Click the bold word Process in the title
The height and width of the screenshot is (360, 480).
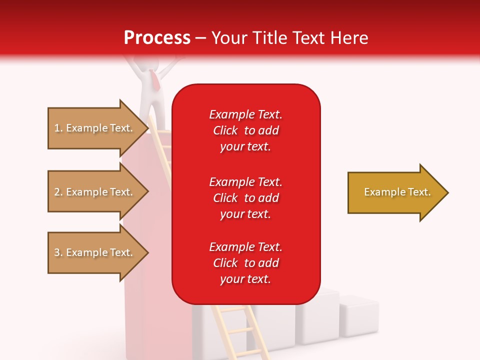(157, 38)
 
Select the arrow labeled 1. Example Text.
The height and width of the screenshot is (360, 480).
(95, 128)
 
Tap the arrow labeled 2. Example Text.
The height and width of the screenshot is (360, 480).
(95, 192)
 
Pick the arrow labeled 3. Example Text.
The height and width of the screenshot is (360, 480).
(95, 252)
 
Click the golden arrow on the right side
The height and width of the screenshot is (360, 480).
(395, 192)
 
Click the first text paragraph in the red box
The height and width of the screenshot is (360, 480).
(245, 130)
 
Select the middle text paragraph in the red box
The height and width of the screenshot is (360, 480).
(245, 198)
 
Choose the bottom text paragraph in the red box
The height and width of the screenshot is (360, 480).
(245, 263)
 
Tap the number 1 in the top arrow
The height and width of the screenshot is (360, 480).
(57, 128)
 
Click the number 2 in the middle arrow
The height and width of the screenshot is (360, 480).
(57, 192)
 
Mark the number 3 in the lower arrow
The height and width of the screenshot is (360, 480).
(57, 252)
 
